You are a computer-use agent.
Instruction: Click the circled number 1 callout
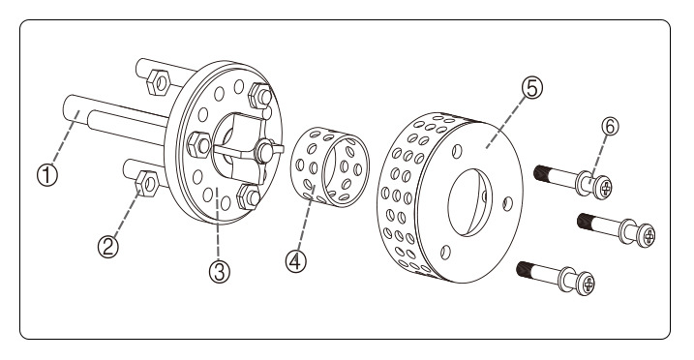[46, 175]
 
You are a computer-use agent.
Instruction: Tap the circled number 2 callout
[108, 247]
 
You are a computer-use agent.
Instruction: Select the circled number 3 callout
[220, 272]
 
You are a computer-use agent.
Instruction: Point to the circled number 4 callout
[296, 261]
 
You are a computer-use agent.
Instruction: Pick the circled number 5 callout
[532, 87]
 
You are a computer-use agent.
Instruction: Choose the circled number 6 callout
[610, 127]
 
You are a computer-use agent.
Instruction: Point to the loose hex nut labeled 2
[146, 184]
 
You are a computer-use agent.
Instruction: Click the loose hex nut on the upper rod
[158, 82]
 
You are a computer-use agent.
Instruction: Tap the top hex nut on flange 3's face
[260, 96]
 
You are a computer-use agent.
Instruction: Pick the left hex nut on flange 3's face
[198, 144]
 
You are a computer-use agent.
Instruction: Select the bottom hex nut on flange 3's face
[249, 196]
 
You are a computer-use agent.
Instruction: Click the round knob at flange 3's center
[264, 151]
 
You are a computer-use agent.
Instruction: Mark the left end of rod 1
[70, 108]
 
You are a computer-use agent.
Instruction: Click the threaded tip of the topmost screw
[542, 173]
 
